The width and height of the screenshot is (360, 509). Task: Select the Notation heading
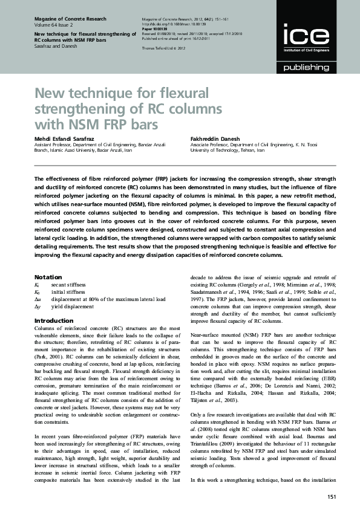(x=48, y=276)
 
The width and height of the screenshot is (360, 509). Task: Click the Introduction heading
(x=54, y=320)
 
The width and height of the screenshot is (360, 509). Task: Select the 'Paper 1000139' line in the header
(x=155, y=27)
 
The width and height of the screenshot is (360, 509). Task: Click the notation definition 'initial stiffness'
(x=68, y=291)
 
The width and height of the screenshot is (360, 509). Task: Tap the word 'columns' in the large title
(x=188, y=109)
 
